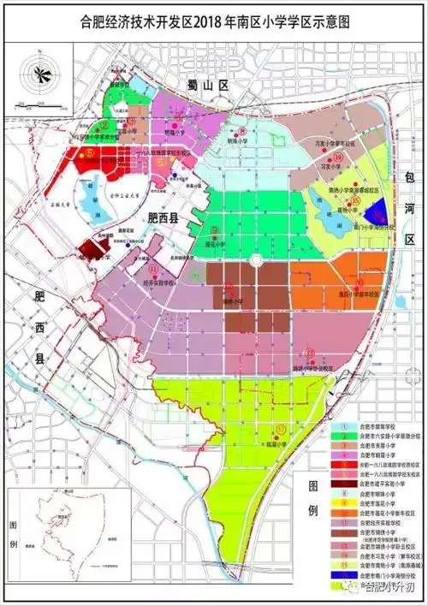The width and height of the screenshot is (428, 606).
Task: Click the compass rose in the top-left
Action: pos(39,73)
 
